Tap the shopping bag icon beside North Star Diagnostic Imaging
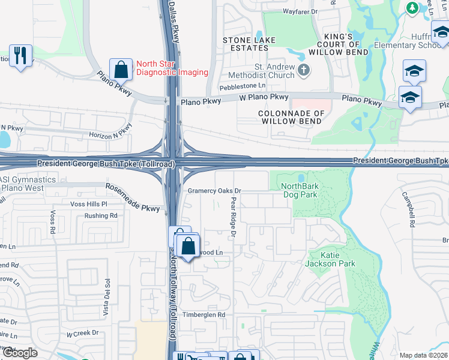coord(121,69)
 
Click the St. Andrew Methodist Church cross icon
coord(304,70)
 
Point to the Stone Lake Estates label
coord(249,44)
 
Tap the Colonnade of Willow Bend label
coord(291,116)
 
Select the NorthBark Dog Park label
coord(300,191)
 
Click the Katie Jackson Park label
coord(330,259)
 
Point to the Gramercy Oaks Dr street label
coord(214,191)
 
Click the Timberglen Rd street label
coord(205,314)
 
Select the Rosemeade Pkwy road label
coord(133,197)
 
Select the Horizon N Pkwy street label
coord(110,133)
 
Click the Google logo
coord(20,353)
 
